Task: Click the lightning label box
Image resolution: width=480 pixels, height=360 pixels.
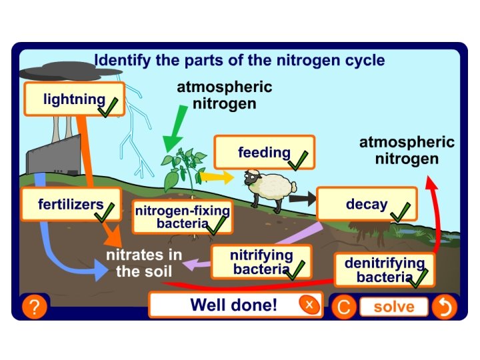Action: click(74, 99)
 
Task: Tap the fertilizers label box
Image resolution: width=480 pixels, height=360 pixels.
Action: click(71, 203)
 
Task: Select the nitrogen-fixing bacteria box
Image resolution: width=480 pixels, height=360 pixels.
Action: click(182, 217)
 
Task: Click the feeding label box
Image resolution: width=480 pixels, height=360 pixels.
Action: click(264, 153)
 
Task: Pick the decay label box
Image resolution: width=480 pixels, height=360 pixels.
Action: click(366, 204)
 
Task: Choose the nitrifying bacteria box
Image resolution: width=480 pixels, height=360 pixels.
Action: click(261, 262)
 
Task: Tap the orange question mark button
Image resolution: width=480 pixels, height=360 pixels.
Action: click(35, 307)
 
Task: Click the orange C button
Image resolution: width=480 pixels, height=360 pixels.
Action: click(343, 307)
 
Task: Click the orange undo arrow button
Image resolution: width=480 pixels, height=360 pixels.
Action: click(443, 307)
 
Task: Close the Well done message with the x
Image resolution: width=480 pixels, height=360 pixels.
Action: click(309, 305)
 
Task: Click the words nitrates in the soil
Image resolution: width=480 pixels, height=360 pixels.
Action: click(144, 263)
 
